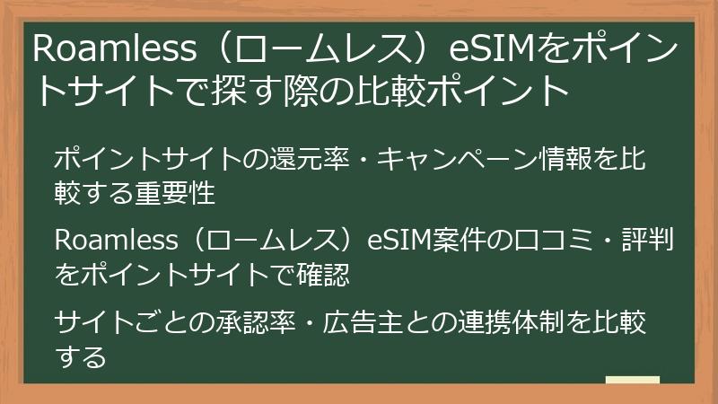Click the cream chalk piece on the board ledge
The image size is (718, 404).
coord(632,381)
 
